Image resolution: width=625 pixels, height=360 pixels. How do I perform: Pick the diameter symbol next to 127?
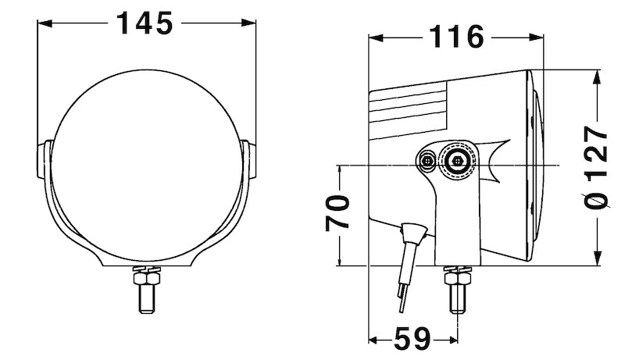598,202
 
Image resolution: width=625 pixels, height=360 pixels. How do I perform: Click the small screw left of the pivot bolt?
427,161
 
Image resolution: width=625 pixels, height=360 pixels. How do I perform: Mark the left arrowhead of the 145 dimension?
44,23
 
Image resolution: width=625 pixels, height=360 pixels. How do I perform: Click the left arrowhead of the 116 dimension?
375,36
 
